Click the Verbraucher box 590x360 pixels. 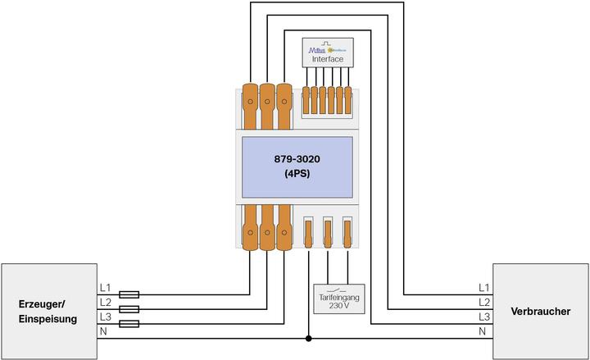(x=540, y=311)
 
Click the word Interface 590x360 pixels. (x=328, y=59)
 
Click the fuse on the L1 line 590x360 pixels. (x=129, y=294)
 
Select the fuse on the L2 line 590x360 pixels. (x=129, y=309)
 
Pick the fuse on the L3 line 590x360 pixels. (x=129, y=324)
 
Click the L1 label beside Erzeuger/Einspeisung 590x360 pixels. (x=104, y=288)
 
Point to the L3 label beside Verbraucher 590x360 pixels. (x=484, y=317)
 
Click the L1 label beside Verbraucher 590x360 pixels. (x=484, y=288)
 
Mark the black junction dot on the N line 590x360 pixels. (x=308, y=338)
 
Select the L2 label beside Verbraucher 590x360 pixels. (x=484, y=302)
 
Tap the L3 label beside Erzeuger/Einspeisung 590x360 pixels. (x=104, y=317)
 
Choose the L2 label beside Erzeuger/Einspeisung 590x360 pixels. (x=104, y=302)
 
